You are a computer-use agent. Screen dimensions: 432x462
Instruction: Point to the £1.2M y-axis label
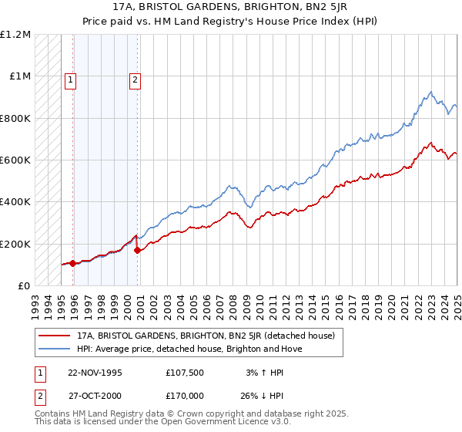[x=15, y=35]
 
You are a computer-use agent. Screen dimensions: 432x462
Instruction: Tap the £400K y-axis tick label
[x=15, y=202]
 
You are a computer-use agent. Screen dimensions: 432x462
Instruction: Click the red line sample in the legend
[x=55, y=336]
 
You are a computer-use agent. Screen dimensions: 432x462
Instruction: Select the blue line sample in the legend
[x=55, y=349]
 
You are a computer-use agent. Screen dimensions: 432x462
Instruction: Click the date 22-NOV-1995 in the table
[x=95, y=373]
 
